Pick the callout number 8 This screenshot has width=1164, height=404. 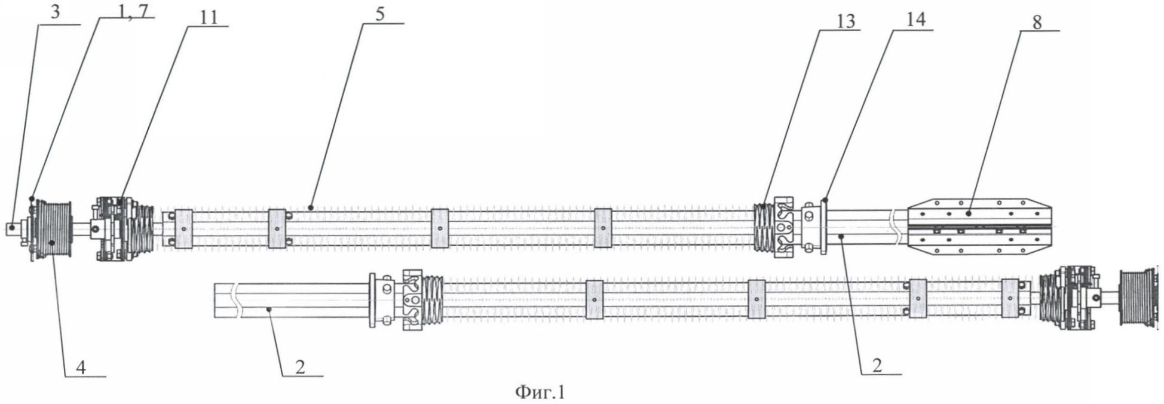click(x=1037, y=22)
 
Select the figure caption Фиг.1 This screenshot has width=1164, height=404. click(x=540, y=392)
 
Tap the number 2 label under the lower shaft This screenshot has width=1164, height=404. click(x=300, y=366)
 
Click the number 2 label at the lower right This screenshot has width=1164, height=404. click(x=877, y=366)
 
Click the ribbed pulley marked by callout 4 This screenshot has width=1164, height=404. click(x=53, y=230)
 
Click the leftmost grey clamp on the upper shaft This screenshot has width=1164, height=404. click(x=183, y=229)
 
